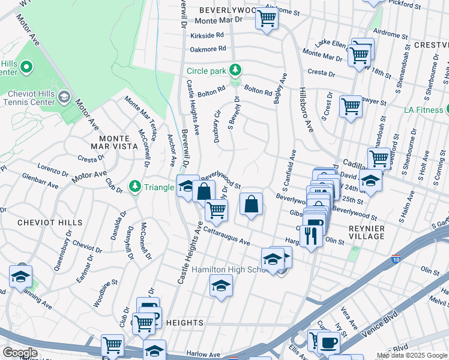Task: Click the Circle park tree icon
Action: point(236,70)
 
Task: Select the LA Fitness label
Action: point(424,109)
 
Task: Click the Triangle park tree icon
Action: point(136,187)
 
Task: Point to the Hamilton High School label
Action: point(228,270)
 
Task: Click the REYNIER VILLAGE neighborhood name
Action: point(366,232)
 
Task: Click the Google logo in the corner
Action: point(20,352)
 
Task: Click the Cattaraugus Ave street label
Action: point(226,235)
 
